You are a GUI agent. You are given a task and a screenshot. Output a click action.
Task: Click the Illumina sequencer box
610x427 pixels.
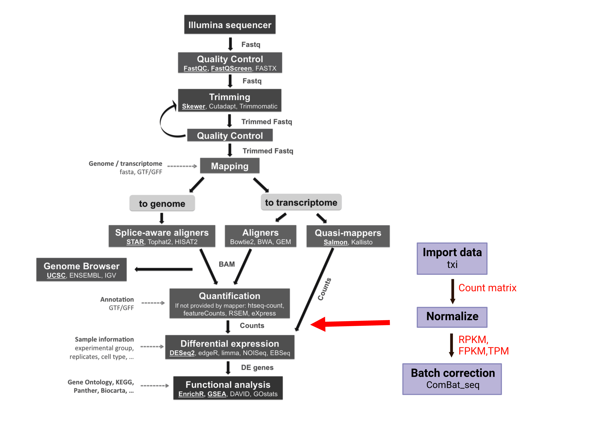coord(230,24)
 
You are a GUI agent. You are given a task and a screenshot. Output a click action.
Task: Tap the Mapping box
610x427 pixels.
coord(230,166)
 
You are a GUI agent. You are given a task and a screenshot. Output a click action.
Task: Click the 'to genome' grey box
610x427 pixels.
coord(162,203)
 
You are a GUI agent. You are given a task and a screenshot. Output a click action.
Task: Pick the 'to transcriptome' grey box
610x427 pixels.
coord(301,202)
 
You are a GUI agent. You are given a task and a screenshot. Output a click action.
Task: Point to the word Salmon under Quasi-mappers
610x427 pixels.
coord(335,242)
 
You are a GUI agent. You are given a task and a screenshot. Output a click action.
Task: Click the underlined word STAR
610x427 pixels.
coord(135,242)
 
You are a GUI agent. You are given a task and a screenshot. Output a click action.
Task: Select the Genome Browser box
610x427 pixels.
coord(82,269)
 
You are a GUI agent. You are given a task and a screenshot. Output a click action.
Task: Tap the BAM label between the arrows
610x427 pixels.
coord(227,264)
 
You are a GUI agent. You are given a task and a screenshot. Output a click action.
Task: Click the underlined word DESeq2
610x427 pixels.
coord(182,353)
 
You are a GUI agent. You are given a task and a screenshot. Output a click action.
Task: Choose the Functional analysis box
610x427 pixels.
coord(228,388)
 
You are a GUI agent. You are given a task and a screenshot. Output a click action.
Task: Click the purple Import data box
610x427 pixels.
coord(452,258)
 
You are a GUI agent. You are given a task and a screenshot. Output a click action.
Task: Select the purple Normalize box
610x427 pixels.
coord(452,317)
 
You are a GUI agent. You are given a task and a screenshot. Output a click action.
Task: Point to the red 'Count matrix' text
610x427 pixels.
coord(487,288)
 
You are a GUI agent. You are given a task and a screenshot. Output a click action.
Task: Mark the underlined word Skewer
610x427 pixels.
coord(193,106)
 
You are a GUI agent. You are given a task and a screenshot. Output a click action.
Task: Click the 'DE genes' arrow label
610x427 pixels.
coord(257,367)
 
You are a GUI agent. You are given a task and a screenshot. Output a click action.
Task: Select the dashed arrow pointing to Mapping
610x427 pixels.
coord(182,166)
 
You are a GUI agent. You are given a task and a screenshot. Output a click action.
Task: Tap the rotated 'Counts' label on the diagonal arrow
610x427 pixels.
coord(324,289)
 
